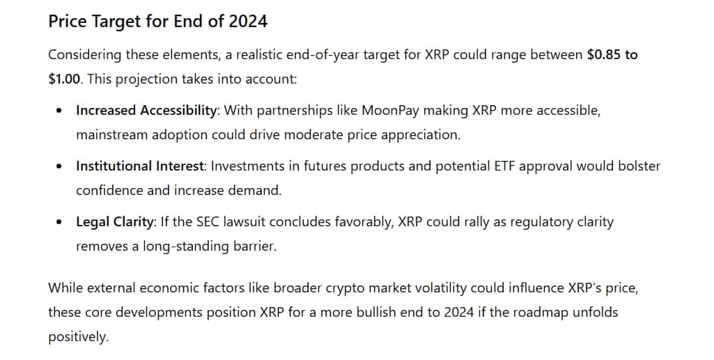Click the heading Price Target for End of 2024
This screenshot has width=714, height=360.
click(158, 22)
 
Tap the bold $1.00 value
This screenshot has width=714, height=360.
click(64, 79)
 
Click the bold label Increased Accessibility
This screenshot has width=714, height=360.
click(146, 111)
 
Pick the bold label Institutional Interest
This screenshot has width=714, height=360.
click(139, 166)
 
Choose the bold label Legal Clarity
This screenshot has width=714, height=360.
click(114, 222)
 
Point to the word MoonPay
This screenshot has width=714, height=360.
click(390, 111)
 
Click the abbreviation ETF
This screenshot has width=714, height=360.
click(504, 166)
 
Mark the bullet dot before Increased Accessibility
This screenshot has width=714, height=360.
click(59, 111)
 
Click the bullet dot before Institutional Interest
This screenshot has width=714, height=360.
click(59, 166)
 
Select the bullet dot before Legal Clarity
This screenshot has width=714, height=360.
click(59, 223)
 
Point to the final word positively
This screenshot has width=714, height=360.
click(78, 337)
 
